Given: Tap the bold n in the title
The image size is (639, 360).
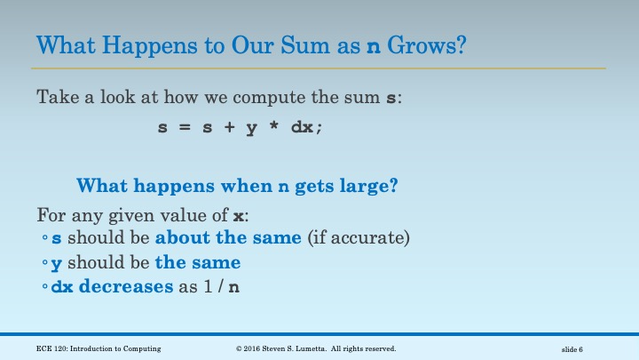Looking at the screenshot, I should tap(374, 46).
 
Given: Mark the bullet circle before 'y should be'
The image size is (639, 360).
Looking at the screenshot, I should tap(45, 264).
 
